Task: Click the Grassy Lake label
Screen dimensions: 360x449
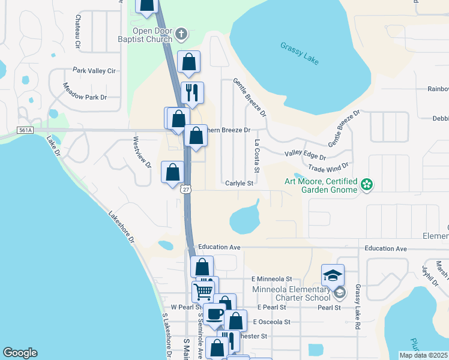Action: tap(300, 53)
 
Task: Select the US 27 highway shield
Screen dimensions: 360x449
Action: tap(186, 189)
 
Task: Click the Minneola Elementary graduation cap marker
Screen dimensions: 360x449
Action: tap(333, 275)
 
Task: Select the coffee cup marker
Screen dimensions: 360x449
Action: tap(214, 314)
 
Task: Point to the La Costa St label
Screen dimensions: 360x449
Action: tap(256, 157)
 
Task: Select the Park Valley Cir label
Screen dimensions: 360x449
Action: tap(94, 71)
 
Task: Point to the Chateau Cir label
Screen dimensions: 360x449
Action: tap(77, 32)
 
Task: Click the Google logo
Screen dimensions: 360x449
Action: tap(20, 353)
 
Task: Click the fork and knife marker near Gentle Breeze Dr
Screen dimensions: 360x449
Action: tap(192, 93)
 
